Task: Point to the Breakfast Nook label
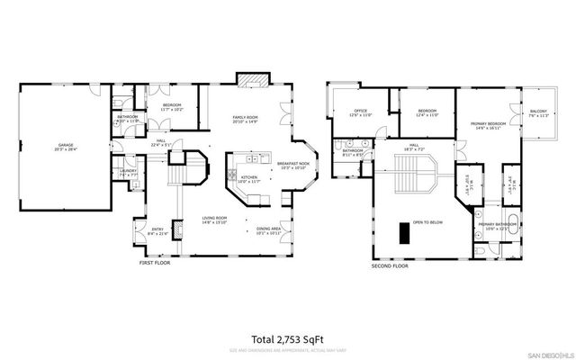[292, 165]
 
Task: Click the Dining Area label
[268, 230]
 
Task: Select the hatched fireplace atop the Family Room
[247, 79]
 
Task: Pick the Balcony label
[538, 113]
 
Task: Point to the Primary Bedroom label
[487, 125]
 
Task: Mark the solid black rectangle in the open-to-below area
[407, 233]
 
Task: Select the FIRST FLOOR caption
[153, 263]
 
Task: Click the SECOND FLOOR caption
[390, 266]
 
